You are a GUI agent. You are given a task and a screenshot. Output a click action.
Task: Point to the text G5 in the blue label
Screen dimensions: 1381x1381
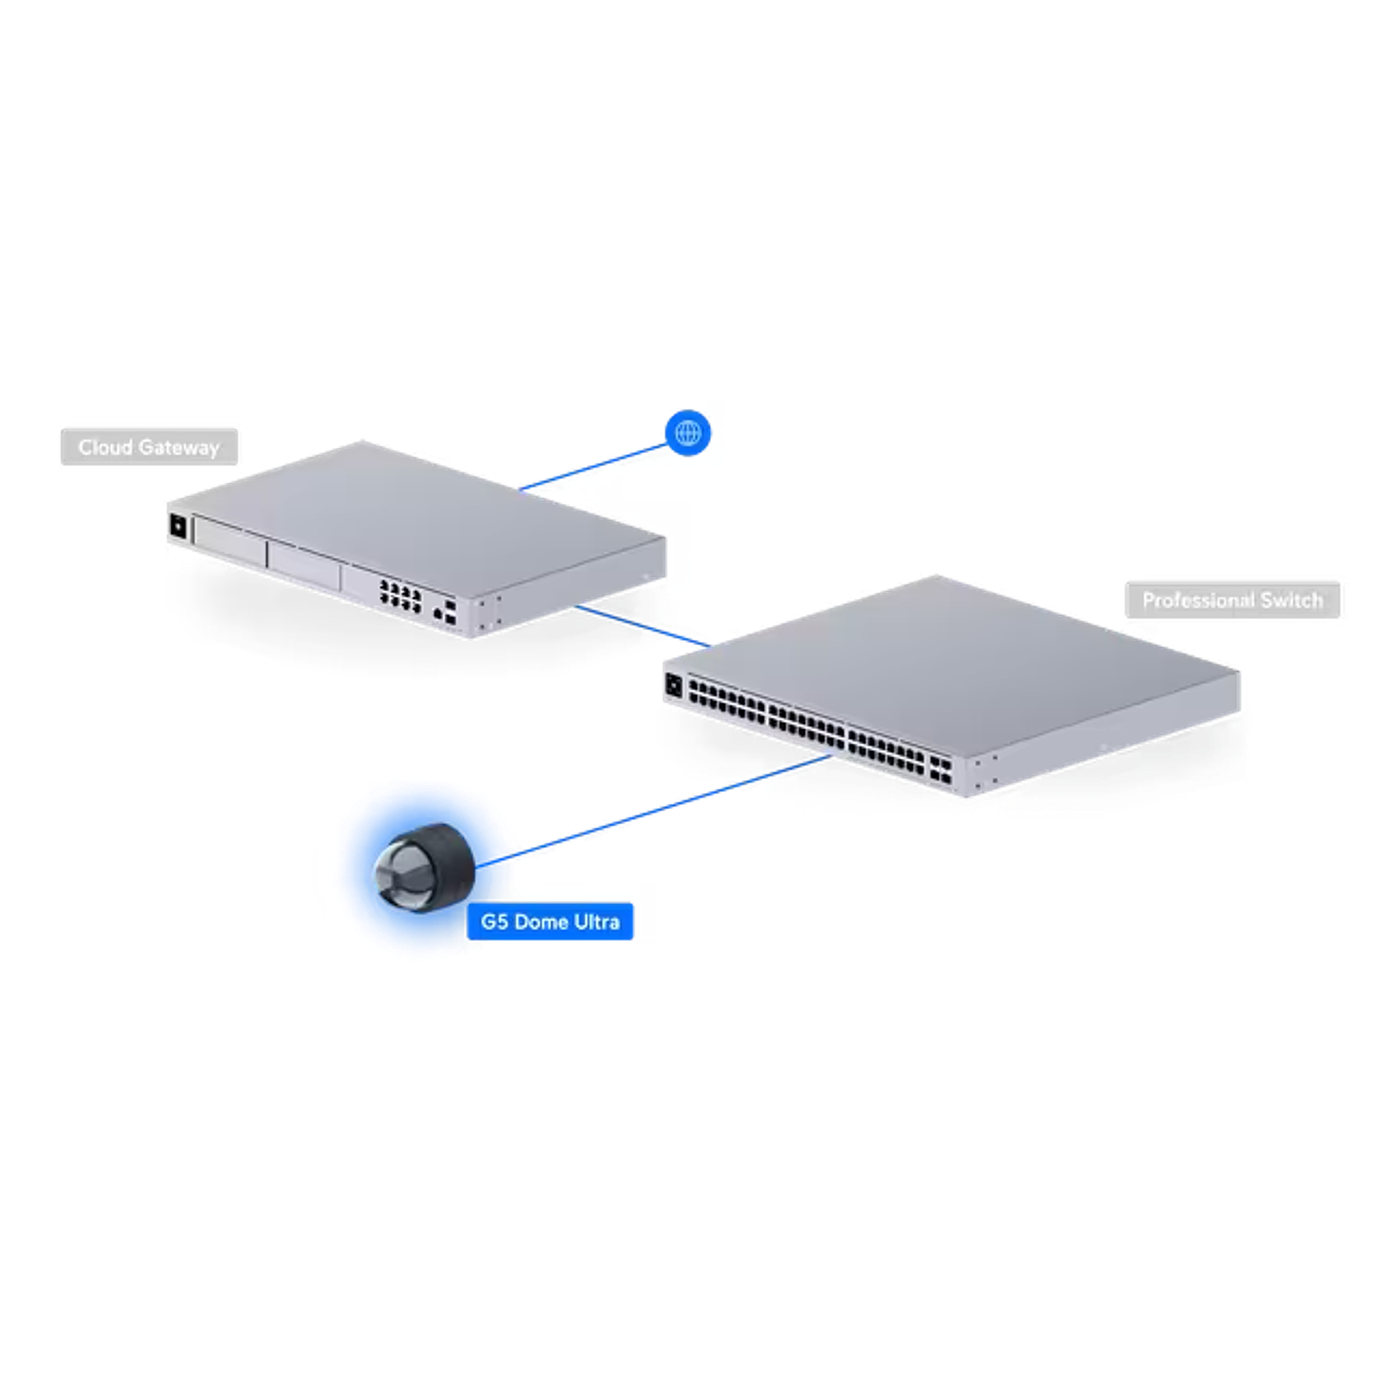click(494, 922)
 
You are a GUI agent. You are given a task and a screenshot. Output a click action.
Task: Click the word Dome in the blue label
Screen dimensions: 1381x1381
click(540, 922)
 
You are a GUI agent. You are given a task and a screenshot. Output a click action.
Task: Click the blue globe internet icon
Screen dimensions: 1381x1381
click(688, 433)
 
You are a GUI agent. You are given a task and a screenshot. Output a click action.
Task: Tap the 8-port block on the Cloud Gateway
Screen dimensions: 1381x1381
click(400, 596)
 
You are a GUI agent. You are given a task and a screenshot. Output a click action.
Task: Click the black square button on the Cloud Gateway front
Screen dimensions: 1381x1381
click(178, 527)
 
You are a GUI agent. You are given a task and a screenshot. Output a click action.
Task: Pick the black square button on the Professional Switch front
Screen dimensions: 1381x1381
click(673, 685)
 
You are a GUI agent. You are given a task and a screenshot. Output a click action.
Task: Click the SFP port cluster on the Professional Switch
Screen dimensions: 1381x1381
click(940, 771)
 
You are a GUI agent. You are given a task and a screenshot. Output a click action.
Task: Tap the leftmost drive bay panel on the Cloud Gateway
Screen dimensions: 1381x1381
click(230, 545)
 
